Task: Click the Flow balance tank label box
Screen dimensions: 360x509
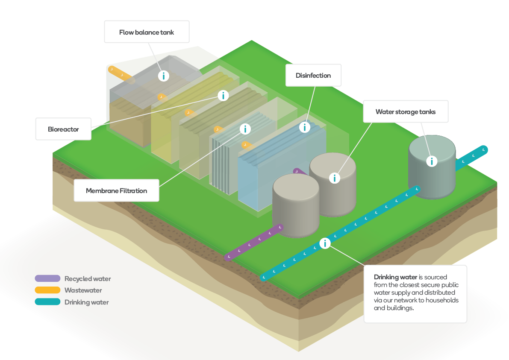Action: (x=147, y=32)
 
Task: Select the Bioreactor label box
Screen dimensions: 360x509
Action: (x=63, y=129)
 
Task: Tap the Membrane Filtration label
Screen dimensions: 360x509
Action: (x=116, y=190)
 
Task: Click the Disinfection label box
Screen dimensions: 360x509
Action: (x=313, y=76)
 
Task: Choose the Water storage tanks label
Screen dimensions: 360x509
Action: (x=406, y=112)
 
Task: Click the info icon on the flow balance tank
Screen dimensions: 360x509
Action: (x=164, y=76)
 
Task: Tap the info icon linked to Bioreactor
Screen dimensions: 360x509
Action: (x=224, y=96)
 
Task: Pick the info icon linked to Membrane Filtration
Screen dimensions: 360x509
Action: (x=245, y=129)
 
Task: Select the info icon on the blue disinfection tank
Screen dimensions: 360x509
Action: (x=305, y=127)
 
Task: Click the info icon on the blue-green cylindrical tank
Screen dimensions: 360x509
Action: (x=432, y=161)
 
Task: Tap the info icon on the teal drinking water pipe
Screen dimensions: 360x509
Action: (x=325, y=243)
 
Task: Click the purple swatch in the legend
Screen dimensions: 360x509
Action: (x=47, y=278)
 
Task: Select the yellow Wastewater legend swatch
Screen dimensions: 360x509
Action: (x=47, y=290)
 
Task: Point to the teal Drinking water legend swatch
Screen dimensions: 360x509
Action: (x=47, y=302)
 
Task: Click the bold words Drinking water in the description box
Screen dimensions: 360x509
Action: (x=395, y=277)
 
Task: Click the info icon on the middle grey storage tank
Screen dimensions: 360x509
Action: (x=335, y=178)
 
